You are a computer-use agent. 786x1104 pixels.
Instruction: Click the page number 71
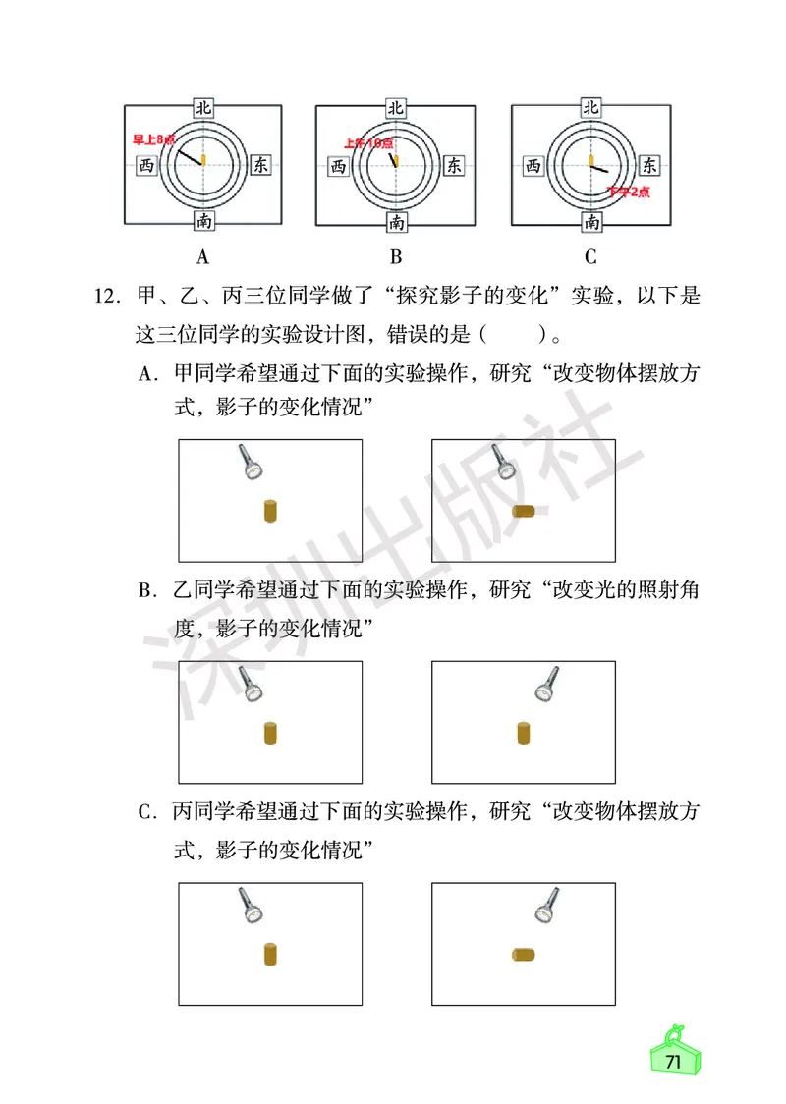(x=673, y=1063)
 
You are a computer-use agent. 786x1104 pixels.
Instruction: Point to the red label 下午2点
(x=628, y=193)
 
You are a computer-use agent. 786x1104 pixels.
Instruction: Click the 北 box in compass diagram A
(x=203, y=108)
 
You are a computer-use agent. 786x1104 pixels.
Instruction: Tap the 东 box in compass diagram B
(x=454, y=166)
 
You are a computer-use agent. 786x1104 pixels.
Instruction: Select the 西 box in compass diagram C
(x=533, y=166)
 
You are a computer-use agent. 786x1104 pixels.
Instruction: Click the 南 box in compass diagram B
(x=396, y=223)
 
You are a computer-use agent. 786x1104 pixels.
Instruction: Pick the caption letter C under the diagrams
(x=590, y=258)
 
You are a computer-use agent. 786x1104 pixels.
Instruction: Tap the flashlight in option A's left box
(x=251, y=462)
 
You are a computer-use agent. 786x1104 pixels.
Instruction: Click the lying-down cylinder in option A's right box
(x=524, y=511)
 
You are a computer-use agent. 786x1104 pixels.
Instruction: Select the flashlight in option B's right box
(x=547, y=684)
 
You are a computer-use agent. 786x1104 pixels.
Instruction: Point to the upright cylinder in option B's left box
(x=271, y=734)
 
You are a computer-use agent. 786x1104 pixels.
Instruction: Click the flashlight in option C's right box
(x=547, y=905)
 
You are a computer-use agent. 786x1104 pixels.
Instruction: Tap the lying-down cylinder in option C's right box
(x=523, y=954)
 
